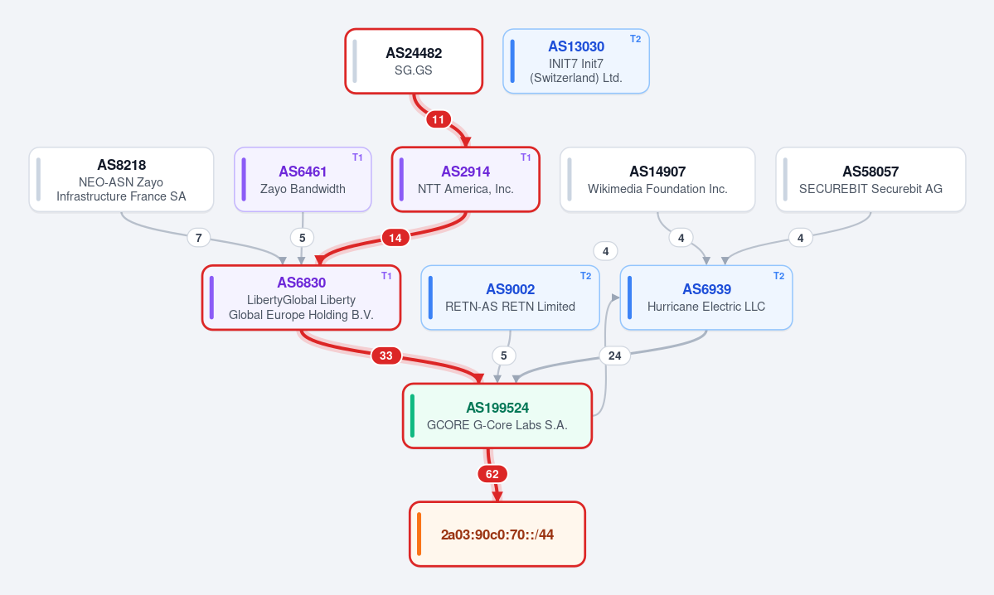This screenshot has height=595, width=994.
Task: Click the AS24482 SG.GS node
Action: click(414, 61)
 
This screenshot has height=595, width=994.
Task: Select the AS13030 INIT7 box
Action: click(576, 61)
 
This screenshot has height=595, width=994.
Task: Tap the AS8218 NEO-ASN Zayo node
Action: click(121, 180)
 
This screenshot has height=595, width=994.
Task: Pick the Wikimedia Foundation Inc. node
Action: click(657, 180)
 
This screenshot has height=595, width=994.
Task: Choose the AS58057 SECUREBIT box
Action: click(870, 180)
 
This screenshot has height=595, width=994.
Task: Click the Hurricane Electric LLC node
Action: click(706, 297)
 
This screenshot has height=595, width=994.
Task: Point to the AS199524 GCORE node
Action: click(497, 416)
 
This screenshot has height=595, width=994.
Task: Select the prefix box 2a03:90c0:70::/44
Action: click(497, 535)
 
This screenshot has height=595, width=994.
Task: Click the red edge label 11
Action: click(438, 119)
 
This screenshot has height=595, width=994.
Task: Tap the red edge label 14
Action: click(395, 238)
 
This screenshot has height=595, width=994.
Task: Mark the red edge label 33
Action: click(386, 356)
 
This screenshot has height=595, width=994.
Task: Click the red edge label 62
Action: click(492, 474)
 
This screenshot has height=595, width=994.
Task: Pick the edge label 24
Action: click(615, 356)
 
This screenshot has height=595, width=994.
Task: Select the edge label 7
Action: click(199, 238)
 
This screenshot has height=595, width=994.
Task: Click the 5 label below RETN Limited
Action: click(504, 356)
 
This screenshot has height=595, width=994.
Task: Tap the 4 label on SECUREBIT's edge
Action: click(801, 238)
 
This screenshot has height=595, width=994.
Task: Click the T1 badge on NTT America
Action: click(526, 157)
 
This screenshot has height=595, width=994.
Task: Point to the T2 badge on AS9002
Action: click(586, 276)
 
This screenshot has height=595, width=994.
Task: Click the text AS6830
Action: click(302, 283)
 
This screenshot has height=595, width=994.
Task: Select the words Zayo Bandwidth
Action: click(303, 189)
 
